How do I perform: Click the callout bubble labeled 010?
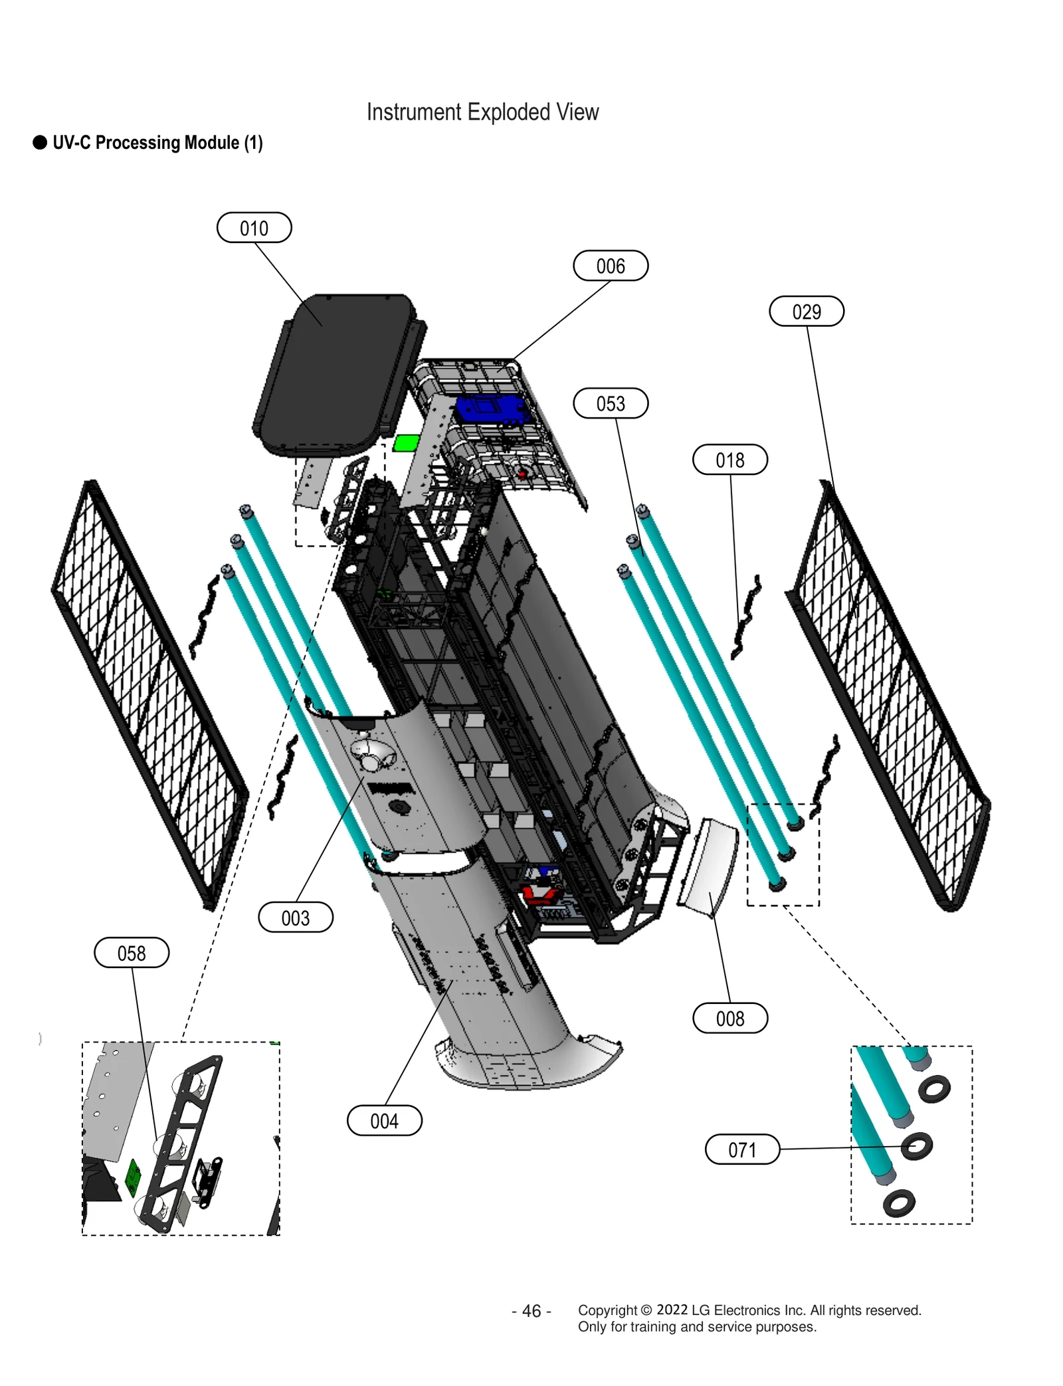[254, 228]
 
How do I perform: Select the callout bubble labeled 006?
[610, 266]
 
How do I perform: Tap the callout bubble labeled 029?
[806, 312]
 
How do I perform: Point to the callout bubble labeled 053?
[610, 403]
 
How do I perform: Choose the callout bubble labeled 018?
[729, 460]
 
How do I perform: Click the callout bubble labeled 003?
[295, 918]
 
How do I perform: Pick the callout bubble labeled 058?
[132, 953]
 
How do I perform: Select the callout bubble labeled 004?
[384, 1121]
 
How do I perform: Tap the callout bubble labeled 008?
[729, 1019]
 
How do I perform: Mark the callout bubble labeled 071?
[741, 1149]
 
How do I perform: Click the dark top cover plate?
[332, 372]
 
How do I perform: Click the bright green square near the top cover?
[406, 443]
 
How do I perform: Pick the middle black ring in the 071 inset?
[917, 1146]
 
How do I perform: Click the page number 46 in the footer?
[531, 1310]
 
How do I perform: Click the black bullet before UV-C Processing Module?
[40, 143]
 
